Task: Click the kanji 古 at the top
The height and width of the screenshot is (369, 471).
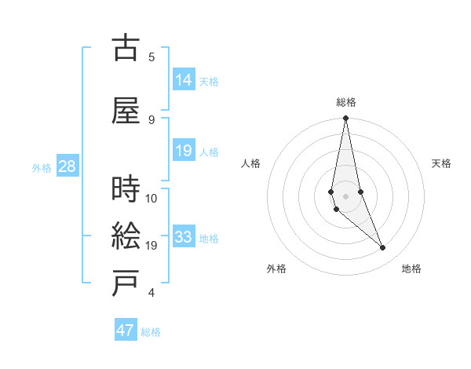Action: (x=125, y=49)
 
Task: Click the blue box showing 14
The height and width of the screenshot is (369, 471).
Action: (x=184, y=80)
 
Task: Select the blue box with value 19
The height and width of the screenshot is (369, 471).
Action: (x=184, y=151)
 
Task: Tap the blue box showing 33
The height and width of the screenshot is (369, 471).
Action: (x=184, y=237)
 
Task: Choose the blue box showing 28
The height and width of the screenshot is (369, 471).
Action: (x=67, y=166)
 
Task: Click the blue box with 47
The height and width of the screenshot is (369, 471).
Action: (x=126, y=331)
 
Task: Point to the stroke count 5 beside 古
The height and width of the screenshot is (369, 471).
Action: (x=152, y=57)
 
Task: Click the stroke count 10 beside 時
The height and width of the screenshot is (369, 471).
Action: (x=152, y=198)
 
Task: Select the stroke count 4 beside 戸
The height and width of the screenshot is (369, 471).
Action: (x=152, y=293)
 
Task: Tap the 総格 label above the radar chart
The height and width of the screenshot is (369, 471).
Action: (x=346, y=102)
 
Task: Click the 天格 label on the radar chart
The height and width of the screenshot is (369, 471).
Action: (x=441, y=163)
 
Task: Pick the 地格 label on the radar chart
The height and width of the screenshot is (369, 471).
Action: (x=411, y=269)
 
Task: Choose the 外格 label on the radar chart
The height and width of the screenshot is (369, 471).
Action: (x=276, y=269)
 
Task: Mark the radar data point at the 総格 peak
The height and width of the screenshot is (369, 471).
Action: (x=345, y=119)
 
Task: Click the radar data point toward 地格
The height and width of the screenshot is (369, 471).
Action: (x=383, y=248)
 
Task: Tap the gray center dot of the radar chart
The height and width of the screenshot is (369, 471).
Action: (x=345, y=195)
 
